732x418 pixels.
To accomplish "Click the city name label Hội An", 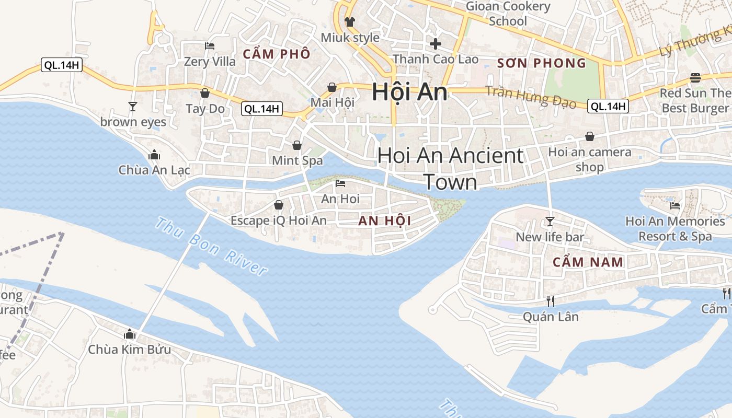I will pyautogui.click(x=409, y=92).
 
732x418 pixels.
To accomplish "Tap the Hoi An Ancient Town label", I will pyautogui.click(x=450, y=168).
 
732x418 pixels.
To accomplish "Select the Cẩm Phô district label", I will pyautogui.click(x=277, y=54).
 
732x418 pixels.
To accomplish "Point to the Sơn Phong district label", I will pyautogui.click(x=541, y=63).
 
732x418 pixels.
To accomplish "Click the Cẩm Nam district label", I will pyautogui.click(x=588, y=262).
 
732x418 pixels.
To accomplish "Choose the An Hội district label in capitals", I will pyautogui.click(x=385, y=221).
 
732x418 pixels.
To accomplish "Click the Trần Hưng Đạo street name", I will pyautogui.click(x=531, y=97).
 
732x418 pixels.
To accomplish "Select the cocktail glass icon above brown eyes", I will pyautogui.click(x=133, y=107).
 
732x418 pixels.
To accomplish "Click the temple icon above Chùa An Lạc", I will pyautogui.click(x=154, y=155).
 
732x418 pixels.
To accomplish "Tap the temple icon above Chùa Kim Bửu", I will pyautogui.click(x=129, y=334).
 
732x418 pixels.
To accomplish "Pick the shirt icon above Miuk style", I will pyautogui.click(x=350, y=22).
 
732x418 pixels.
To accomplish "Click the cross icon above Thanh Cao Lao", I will pyautogui.click(x=435, y=44).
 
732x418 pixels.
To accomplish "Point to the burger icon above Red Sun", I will pyautogui.click(x=695, y=78).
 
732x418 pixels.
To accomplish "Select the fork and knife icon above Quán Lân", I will pyautogui.click(x=550, y=301).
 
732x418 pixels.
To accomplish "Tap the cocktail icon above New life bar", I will pyautogui.click(x=550, y=222).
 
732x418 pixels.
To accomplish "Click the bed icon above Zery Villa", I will pyautogui.click(x=210, y=46).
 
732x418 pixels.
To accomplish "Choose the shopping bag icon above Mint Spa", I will pyautogui.click(x=297, y=145).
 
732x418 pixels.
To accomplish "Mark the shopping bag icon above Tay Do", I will pyautogui.click(x=205, y=94).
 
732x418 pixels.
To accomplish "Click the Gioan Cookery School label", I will pyautogui.click(x=508, y=14).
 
